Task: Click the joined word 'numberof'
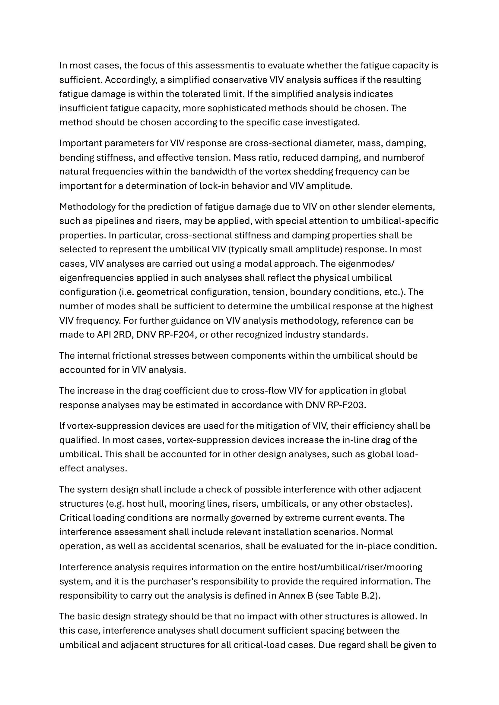click(x=403, y=158)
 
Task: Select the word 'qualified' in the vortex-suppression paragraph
click(x=78, y=440)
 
